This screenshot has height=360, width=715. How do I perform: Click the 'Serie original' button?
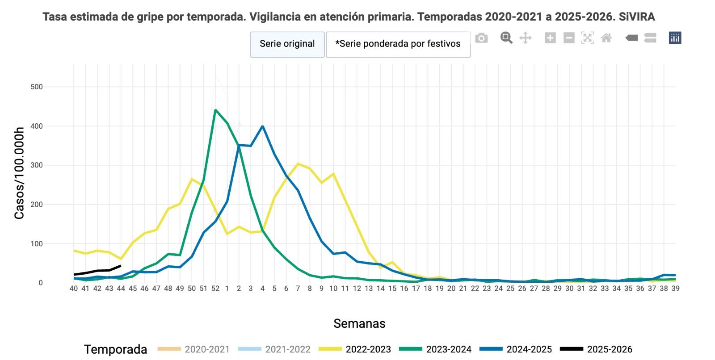[x=287, y=44]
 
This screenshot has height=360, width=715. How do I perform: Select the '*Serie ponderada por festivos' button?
[x=398, y=44]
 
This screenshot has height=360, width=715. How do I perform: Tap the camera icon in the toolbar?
[x=481, y=38]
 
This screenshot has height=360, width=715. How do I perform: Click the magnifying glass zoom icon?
[x=506, y=38]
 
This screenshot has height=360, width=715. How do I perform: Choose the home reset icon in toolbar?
[x=606, y=38]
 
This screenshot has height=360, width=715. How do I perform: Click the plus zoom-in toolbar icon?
[x=550, y=38]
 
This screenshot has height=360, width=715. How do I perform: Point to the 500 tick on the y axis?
[x=37, y=87]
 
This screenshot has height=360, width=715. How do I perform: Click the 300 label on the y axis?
[x=37, y=165]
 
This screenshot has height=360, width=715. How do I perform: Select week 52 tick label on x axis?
[x=215, y=289]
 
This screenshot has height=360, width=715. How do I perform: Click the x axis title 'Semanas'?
[x=359, y=323]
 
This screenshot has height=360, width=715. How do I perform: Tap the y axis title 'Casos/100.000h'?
[x=19, y=173]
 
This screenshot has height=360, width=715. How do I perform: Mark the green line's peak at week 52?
[x=215, y=110]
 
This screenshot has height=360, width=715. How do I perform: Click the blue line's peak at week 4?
[x=262, y=126]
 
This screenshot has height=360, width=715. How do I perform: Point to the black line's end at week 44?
[x=120, y=266]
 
